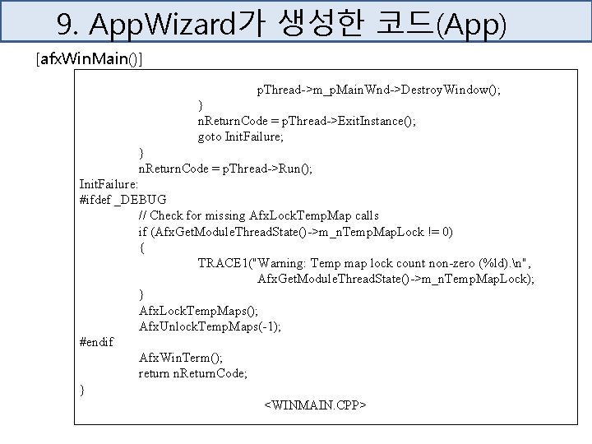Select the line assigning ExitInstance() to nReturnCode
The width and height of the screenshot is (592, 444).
click(x=307, y=121)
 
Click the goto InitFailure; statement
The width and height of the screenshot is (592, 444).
click(x=241, y=136)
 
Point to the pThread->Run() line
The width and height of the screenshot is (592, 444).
click(x=225, y=168)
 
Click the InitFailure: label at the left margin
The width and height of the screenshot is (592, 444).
click(x=109, y=183)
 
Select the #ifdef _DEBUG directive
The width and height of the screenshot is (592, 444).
click(x=123, y=199)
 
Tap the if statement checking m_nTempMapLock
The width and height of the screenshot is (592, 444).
click(x=295, y=231)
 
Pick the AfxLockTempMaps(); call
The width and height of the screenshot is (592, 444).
click(x=198, y=310)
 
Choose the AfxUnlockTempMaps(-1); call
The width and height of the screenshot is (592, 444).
click(x=210, y=326)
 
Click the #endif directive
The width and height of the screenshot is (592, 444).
click(x=96, y=341)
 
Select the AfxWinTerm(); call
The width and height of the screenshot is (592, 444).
click(x=181, y=358)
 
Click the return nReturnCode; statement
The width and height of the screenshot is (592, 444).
click(x=193, y=373)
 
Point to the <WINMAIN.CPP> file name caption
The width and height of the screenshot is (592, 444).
click(x=315, y=405)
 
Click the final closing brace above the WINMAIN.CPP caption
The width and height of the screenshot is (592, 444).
click(x=81, y=389)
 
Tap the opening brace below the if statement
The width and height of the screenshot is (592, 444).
click(x=142, y=247)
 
